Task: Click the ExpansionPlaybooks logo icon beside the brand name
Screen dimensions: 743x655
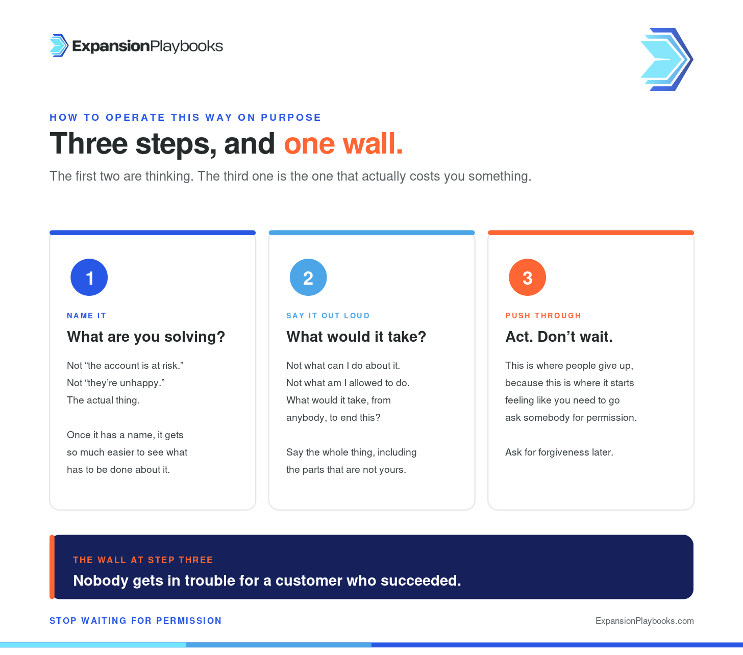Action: [59, 46]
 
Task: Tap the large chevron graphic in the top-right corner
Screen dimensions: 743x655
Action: [667, 59]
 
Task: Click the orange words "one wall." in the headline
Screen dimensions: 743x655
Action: [343, 144]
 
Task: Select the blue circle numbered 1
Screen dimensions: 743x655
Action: [89, 278]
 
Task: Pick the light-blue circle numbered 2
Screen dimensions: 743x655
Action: [308, 278]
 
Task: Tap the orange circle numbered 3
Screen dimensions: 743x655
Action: [527, 278]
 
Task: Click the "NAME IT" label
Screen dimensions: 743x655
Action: [87, 316]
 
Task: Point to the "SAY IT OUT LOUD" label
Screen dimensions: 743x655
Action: [328, 316]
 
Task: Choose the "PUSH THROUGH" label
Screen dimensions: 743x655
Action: [543, 316]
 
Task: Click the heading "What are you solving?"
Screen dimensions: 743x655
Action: [146, 337]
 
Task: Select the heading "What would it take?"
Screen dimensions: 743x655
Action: [356, 337]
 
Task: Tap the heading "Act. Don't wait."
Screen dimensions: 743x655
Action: [559, 337]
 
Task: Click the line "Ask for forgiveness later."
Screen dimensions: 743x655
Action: [559, 452]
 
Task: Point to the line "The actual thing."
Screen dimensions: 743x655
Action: [103, 400]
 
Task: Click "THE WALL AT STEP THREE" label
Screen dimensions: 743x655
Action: [143, 560]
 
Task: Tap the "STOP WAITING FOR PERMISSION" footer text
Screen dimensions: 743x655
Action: [136, 621]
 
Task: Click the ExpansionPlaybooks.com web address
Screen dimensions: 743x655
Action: [645, 621]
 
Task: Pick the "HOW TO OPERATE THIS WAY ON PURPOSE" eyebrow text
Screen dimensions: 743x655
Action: [186, 117]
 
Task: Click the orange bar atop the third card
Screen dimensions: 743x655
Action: [591, 233]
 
